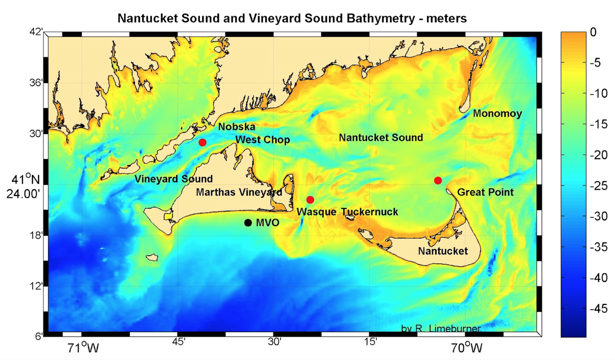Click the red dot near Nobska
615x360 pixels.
click(x=202, y=142)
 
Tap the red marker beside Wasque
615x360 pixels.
click(x=310, y=200)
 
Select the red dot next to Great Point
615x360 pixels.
click(x=438, y=180)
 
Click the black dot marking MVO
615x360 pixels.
click(x=248, y=223)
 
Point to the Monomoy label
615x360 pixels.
click(x=497, y=114)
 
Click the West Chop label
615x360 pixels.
click(x=262, y=140)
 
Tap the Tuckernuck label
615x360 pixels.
click(x=369, y=212)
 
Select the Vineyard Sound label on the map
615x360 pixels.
click(x=173, y=179)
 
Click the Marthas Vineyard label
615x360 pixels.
click(x=239, y=192)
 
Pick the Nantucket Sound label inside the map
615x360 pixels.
click(x=380, y=138)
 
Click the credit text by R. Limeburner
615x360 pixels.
click(x=440, y=328)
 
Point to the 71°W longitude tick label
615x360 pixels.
click(x=83, y=348)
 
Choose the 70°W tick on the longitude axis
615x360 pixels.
click(x=467, y=348)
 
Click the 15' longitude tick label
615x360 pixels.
click(x=370, y=342)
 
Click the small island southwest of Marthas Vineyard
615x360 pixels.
click(x=153, y=257)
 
